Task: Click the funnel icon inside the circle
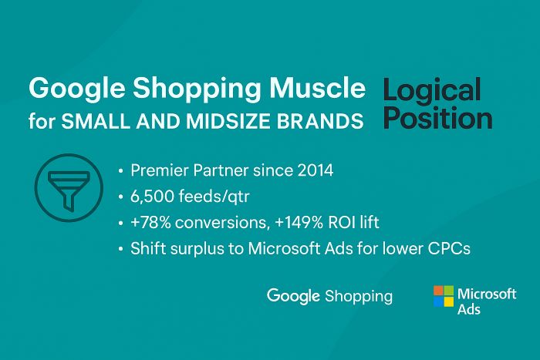point(69,190)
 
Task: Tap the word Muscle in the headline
point(317,88)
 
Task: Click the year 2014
point(316,170)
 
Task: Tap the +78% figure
point(150,222)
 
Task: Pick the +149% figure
point(299,222)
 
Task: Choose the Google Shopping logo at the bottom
point(329,296)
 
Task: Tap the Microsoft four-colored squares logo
point(444,296)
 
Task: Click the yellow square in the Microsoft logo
point(449,302)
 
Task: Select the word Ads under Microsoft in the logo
point(469,309)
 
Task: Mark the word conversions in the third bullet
point(222,223)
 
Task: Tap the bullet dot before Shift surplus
point(120,248)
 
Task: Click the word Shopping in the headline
point(197,89)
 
